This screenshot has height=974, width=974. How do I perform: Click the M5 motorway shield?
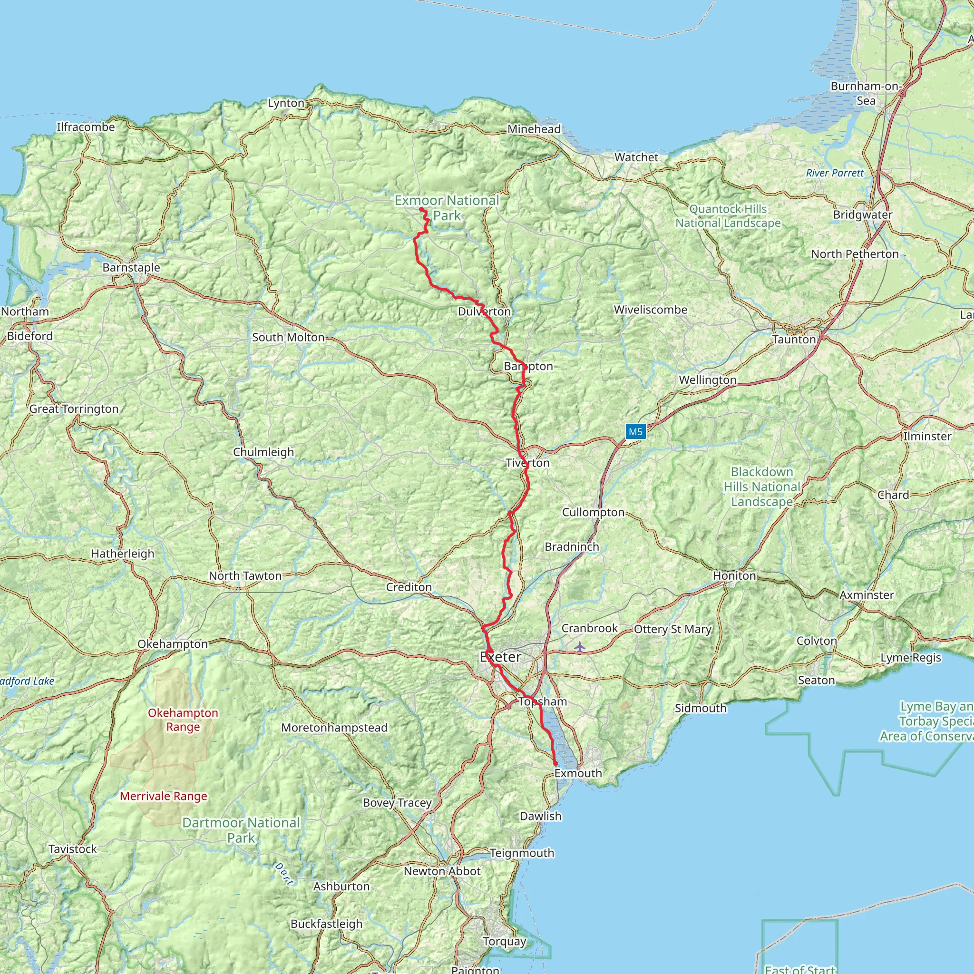[635, 431]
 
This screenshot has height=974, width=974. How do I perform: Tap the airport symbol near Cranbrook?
[580, 646]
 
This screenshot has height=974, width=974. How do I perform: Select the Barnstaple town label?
[131, 267]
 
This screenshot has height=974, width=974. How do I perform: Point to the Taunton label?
[794, 339]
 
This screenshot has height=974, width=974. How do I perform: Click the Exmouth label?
[578, 773]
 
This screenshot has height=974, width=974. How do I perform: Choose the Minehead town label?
[534, 129]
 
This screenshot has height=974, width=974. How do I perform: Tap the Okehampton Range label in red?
[183, 720]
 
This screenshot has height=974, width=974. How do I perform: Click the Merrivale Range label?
[163, 796]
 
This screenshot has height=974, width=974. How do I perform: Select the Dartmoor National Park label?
[241, 830]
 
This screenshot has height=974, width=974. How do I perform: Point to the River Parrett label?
[834, 173]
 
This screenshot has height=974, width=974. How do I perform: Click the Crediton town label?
[409, 587]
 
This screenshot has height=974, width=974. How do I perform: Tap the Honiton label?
[734, 576]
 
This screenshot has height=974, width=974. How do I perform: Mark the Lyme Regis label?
[911, 657]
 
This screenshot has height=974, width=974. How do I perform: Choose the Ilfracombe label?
[86, 127]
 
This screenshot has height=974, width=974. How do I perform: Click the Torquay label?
[504, 941]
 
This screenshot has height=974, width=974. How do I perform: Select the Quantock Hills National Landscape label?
[728, 216]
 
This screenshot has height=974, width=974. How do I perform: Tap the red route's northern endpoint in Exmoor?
[421, 209]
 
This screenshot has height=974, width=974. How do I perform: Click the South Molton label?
[288, 337]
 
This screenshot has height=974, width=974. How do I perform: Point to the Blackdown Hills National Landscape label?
[762, 487]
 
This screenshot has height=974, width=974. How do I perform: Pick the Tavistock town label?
[73, 848]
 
